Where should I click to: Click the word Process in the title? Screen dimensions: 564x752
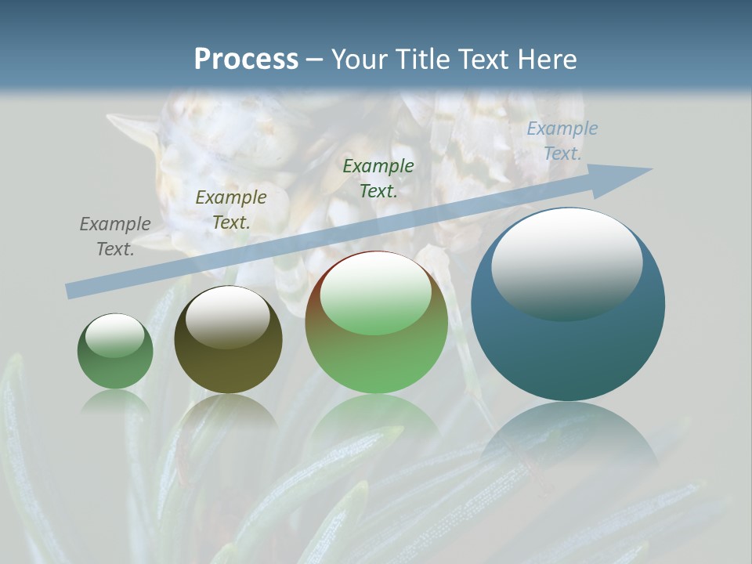[x=246, y=60]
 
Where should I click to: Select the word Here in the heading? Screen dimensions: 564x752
[x=545, y=60]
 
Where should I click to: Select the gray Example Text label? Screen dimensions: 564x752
[x=115, y=237]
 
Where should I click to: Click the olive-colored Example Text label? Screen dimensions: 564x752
[x=231, y=210]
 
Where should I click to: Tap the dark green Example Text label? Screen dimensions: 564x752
[x=378, y=179]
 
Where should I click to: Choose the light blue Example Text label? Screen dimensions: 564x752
[x=562, y=141]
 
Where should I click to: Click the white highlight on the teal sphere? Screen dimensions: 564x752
[x=566, y=262]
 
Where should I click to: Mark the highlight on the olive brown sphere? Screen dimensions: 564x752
[x=227, y=317]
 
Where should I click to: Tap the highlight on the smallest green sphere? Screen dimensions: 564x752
[x=114, y=335]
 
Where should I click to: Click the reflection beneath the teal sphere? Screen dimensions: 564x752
[x=569, y=439]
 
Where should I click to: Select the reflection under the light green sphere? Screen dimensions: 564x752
[x=376, y=419]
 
